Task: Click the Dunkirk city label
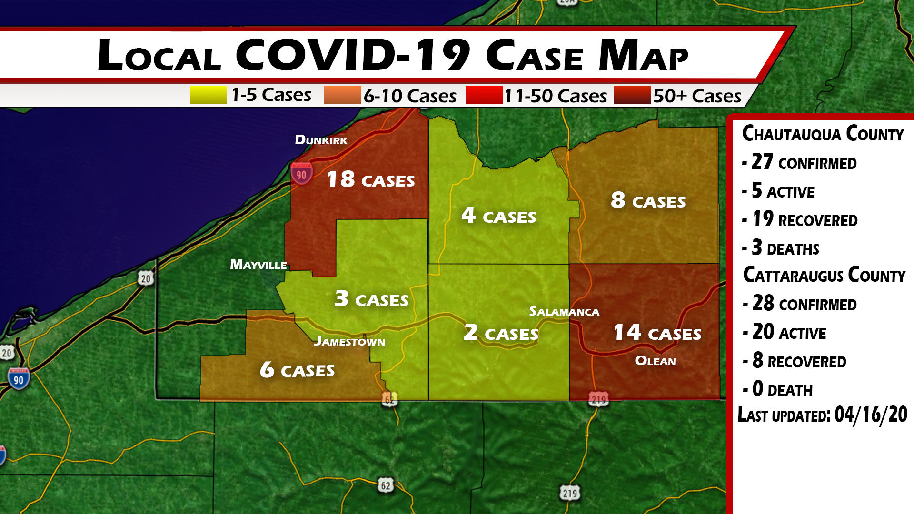pos(321,140)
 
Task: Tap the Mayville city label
pos(258,265)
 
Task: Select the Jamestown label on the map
pos(349,341)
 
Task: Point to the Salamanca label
pos(564,312)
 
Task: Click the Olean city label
pos(655,361)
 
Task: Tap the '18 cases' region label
pos(371,180)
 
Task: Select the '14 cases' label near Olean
pos(657,333)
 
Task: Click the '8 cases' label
pos(648,201)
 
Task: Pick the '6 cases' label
pos(298,370)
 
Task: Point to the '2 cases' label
pos(501,333)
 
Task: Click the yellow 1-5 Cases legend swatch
pos(208,95)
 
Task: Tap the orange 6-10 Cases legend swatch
pos(342,95)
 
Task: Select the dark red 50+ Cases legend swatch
pos(632,95)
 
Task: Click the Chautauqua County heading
pos(823,134)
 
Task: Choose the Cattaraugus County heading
pos(824,275)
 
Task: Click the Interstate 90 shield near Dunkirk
pos(302,174)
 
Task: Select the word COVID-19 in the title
pos(353,55)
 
